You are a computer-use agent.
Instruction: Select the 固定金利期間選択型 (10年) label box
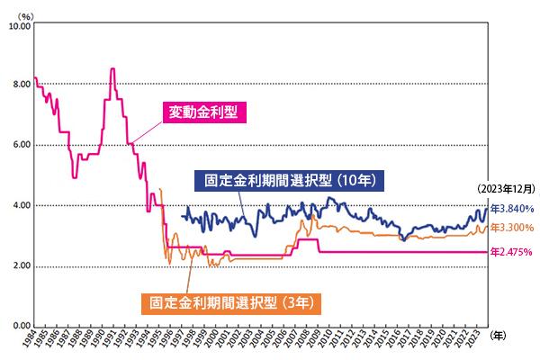coord(290,179)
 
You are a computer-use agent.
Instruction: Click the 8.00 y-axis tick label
coord(20,85)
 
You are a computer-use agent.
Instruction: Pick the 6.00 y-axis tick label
coord(20,146)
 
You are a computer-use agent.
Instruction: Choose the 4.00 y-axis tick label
coord(20,206)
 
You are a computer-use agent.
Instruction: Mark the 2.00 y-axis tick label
coord(20,266)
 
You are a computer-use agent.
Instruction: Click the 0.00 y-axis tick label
coord(20,326)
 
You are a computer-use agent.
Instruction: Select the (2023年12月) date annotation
coord(506,189)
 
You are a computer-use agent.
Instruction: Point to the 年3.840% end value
coord(513,209)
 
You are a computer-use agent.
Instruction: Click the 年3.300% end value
coord(513,227)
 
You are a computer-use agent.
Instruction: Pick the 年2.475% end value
coord(513,253)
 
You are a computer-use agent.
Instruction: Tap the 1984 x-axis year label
coord(34,342)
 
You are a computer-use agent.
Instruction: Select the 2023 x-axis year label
coord(483,342)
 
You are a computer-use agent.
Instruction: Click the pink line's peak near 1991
coord(112,69)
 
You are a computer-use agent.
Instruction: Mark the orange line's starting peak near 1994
coord(159,189)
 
